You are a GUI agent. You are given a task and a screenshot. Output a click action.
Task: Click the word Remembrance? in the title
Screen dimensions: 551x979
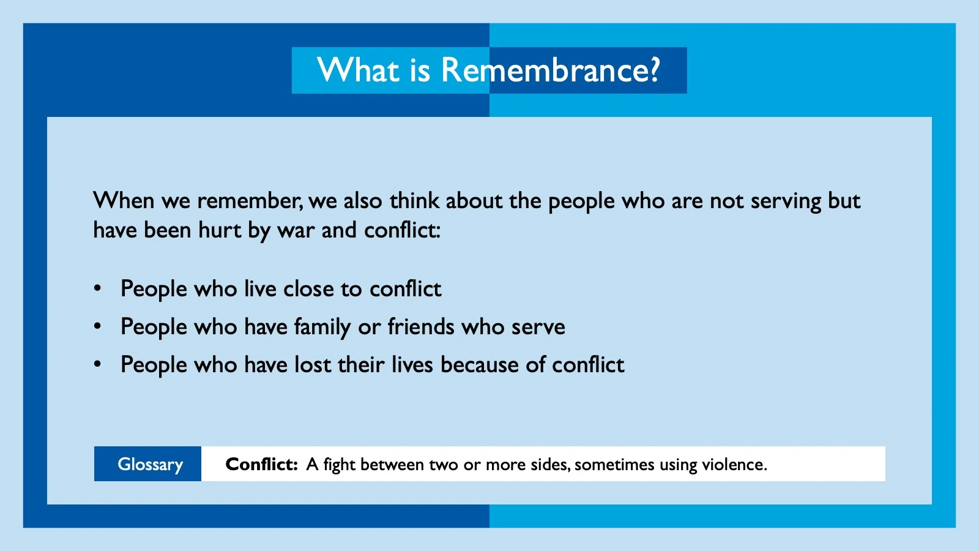coord(550,70)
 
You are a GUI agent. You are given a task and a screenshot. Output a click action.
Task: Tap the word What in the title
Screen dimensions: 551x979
coord(358,70)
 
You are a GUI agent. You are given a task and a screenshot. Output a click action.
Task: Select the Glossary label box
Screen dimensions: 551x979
coord(147,464)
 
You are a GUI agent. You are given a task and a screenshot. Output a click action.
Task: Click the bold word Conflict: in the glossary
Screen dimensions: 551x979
coord(261,464)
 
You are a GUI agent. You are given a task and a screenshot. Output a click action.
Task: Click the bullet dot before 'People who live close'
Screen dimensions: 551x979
coord(97,288)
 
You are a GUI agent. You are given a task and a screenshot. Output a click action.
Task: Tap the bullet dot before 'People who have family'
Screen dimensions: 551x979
coord(97,326)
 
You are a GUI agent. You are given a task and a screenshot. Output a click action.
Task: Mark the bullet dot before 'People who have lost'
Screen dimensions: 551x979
coord(97,364)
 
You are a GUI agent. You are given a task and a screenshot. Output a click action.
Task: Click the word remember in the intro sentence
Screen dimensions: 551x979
coord(249,201)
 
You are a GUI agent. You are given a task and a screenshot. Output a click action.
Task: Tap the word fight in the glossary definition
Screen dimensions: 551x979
coord(339,465)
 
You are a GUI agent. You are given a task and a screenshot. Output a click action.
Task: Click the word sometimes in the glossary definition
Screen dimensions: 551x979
coord(614,465)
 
